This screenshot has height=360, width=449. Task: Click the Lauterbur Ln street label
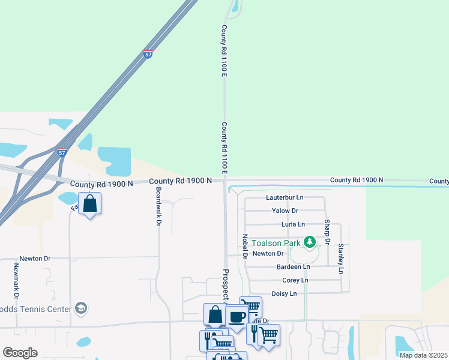(x=285, y=197)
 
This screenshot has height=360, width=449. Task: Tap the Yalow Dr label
(x=285, y=211)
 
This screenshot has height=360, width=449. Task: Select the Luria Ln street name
(x=293, y=224)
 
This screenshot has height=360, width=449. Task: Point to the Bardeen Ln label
(x=293, y=266)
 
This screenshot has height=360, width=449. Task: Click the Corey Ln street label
(x=295, y=280)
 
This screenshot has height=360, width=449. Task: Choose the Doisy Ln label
(x=284, y=294)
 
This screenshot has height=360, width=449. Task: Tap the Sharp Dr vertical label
(x=328, y=232)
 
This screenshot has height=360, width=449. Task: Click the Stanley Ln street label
(x=341, y=259)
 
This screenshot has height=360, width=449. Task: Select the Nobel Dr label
(x=245, y=247)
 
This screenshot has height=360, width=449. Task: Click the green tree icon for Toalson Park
(x=310, y=242)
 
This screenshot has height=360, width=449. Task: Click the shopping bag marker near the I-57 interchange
(x=89, y=203)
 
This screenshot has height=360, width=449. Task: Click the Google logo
(x=20, y=353)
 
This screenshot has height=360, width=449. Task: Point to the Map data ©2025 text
(x=423, y=355)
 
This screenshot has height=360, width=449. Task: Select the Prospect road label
(x=226, y=283)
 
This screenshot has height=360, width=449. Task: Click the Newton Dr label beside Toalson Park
(x=267, y=253)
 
